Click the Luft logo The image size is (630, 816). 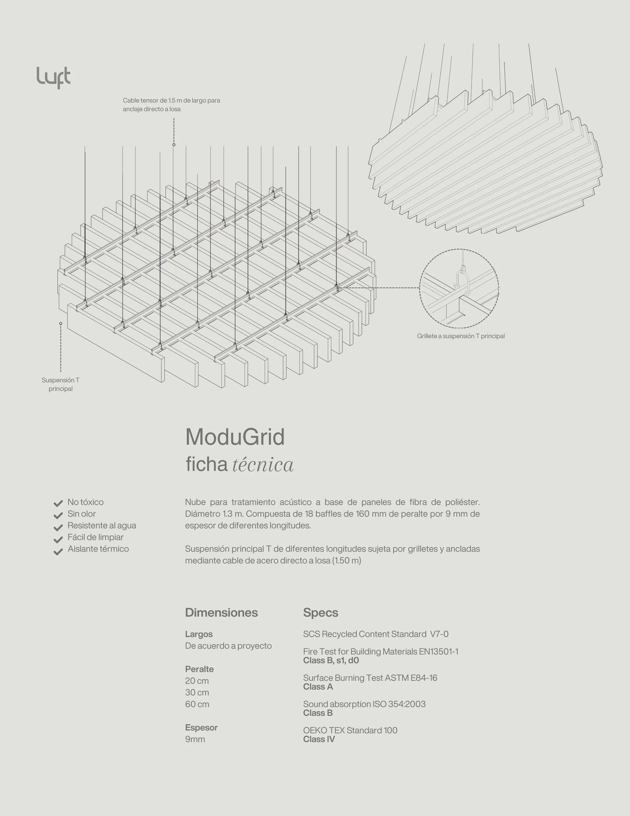[x=53, y=77]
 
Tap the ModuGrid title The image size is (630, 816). [x=235, y=437]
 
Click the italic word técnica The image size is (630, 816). [x=263, y=465]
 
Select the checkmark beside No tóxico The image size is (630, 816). [x=58, y=503]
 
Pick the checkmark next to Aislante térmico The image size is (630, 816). [x=58, y=552]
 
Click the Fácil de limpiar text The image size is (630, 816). [x=95, y=537]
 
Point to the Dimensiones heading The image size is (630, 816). [x=221, y=613]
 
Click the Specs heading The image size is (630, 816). [x=321, y=613]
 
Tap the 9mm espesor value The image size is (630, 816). [x=195, y=739]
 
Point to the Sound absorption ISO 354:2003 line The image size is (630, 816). [x=364, y=704]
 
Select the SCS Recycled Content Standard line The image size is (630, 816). [x=376, y=634]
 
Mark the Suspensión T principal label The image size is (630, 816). [x=61, y=384]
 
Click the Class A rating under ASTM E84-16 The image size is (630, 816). [x=318, y=687]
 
